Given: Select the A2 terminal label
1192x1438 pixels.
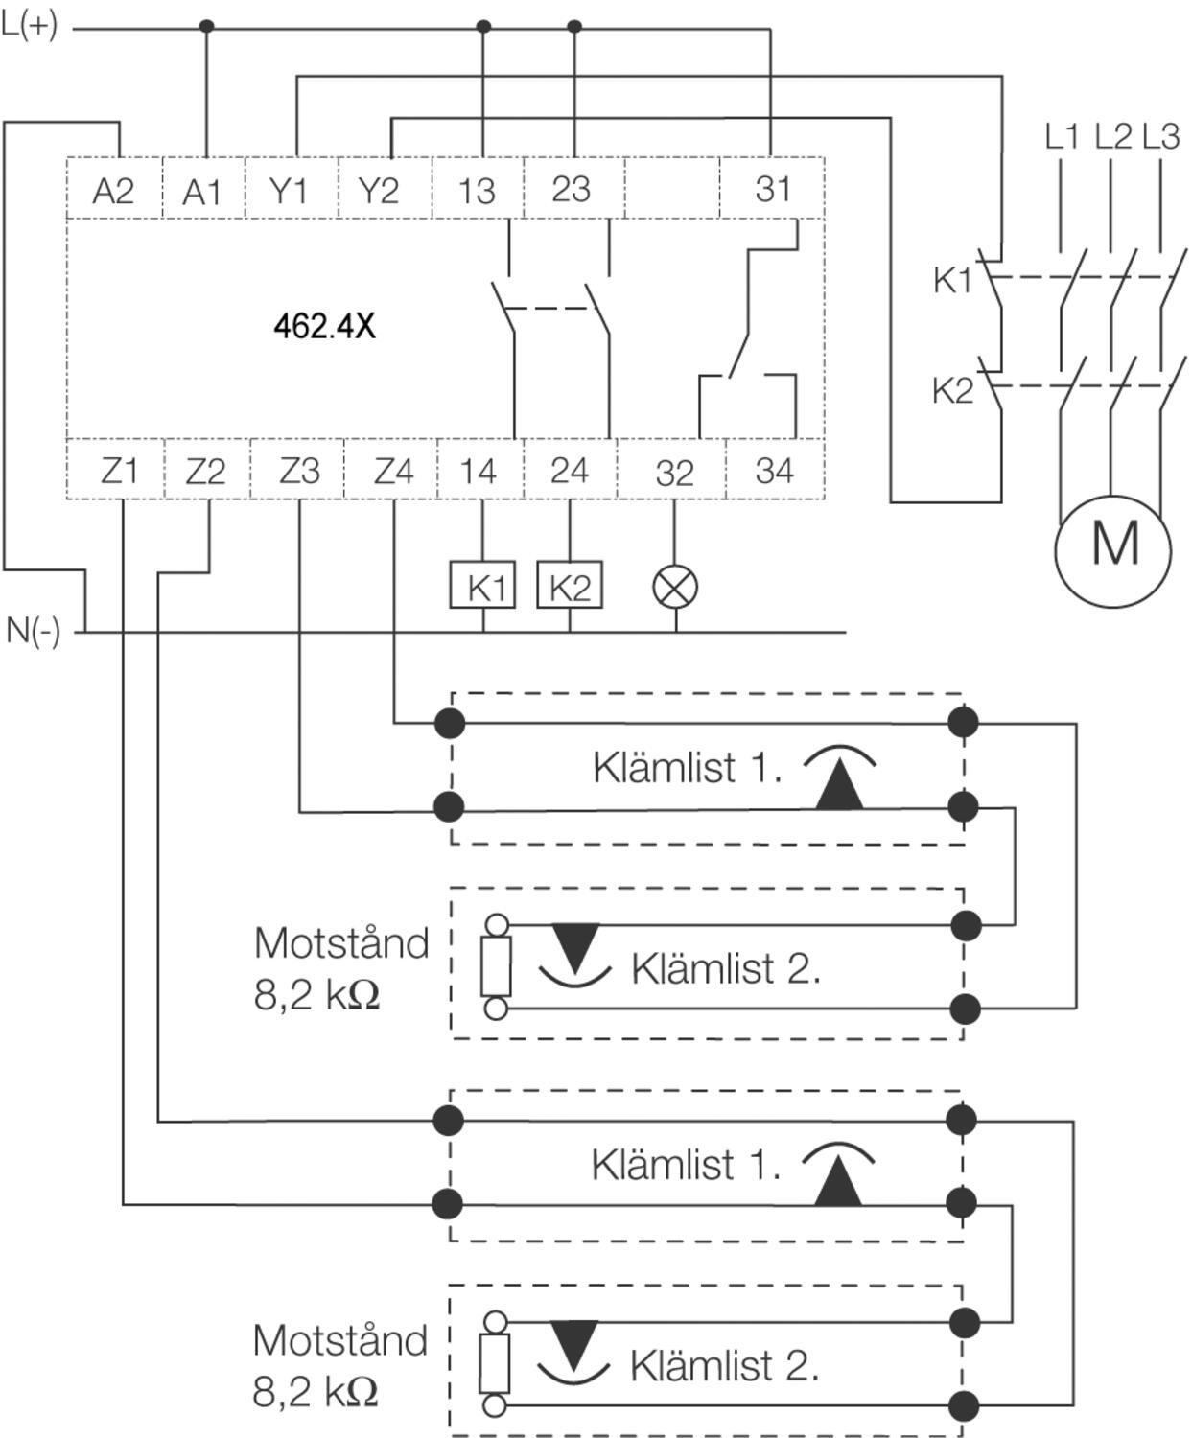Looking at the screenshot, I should tap(113, 192).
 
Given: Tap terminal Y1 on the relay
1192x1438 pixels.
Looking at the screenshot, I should tap(289, 191).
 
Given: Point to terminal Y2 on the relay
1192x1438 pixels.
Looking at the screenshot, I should tap(378, 191).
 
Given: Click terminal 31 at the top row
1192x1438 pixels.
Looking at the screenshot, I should tap(773, 189).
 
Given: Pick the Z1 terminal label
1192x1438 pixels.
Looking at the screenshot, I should tap(119, 471).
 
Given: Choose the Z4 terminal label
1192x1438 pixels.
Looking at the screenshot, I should tap(393, 471).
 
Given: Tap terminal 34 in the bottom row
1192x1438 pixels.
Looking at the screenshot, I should tap(774, 471).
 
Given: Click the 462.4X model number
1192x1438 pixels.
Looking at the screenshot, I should tap(324, 327).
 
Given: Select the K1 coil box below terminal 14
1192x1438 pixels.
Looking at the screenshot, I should tap(483, 586).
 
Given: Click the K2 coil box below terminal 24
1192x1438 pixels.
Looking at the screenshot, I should tap(570, 586).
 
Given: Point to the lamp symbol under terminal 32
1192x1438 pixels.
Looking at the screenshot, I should tap(675, 587).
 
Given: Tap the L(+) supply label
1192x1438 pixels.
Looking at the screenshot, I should tap(30, 26).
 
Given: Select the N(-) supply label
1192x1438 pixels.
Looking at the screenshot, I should tap(34, 631).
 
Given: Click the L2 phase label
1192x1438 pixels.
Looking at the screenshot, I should tap(1112, 137).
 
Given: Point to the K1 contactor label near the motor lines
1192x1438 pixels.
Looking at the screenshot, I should tap(952, 280).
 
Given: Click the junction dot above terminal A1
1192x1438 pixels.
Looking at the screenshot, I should tap(206, 27).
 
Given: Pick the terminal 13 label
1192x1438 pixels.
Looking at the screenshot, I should tap(477, 191).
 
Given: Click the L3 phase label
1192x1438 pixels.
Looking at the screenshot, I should tap(1160, 137).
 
